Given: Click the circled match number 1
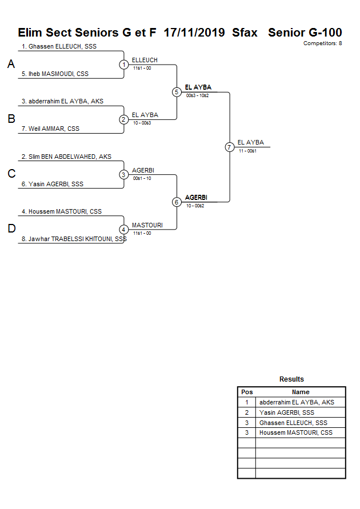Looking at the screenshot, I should (124, 65).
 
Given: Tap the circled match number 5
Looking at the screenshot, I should (177, 92).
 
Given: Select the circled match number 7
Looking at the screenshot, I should (229, 147).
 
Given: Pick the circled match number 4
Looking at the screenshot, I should (124, 230).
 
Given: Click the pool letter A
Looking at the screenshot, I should (11, 65).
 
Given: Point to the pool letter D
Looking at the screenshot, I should (11, 229).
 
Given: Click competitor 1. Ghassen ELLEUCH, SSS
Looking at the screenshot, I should (59, 46).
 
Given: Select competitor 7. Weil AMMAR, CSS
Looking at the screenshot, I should (50, 129).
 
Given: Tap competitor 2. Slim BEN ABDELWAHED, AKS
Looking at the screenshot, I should (66, 157).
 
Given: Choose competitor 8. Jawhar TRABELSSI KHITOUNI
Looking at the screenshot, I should (74, 239).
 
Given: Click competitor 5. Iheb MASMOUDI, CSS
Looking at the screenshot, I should (55, 74).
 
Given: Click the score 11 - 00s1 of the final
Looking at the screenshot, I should (247, 151).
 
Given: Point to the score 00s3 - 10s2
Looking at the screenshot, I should (198, 95).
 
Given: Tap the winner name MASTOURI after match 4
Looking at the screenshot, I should (147, 225).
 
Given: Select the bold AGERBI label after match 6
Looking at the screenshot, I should (196, 198).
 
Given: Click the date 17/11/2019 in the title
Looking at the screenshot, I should (194, 33).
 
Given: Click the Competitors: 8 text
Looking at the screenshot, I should (323, 43).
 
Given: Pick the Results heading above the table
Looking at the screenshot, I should (291, 379).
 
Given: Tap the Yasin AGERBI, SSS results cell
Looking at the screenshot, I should (287, 412).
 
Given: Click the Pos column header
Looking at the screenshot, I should (247, 392).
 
